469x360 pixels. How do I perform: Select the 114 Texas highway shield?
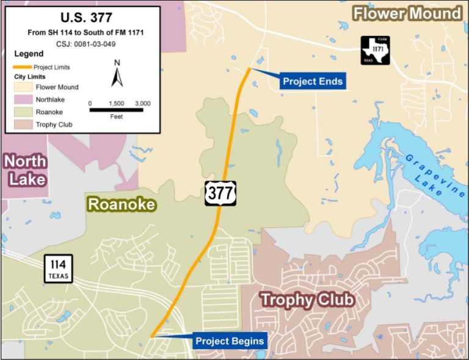pyautogui.click(x=58, y=269)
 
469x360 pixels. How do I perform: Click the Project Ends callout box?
pyautogui.click(x=313, y=81)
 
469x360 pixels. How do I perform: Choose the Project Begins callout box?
pyautogui.click(x=230, y=340)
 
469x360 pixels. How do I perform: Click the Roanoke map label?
pyautogui.click(x=122, y=204)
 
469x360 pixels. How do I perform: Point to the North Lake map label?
pyautogui.click(x=24, y=170)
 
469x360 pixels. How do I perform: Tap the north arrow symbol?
pyautogui.click(x=117, y=76)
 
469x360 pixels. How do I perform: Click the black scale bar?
pyautogui.click(x=116, y=110)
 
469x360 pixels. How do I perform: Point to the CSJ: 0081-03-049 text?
pyautogui.click(x=81, y=44)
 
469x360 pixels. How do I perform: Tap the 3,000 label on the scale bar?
pyautogui.click(x=142, y=103)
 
